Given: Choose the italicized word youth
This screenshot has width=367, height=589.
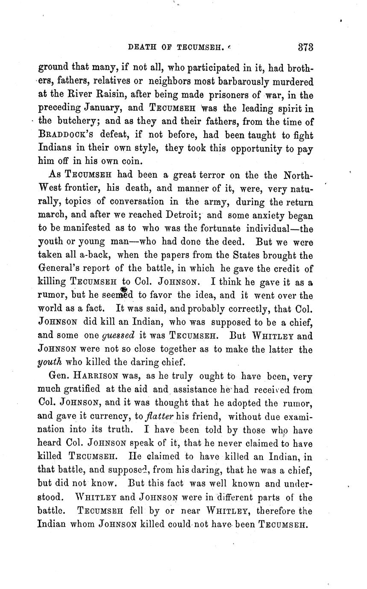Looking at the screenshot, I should click(50, 363).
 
